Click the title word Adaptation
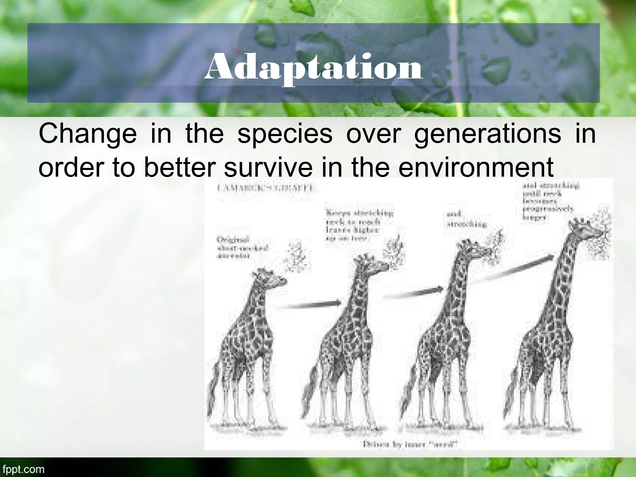point(313,67)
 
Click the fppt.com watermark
point(22,469)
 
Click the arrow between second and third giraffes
point(413,292)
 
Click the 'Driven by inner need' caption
point(410,444)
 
